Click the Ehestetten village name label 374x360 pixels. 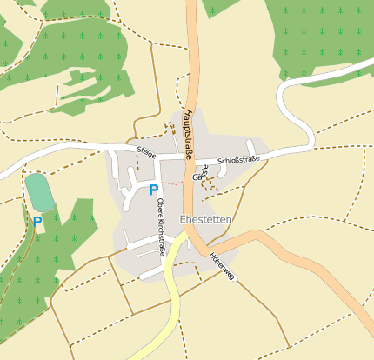click(205, 220)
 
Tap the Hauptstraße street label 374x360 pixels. click(189, 136)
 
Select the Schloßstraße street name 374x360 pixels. click(239, 160)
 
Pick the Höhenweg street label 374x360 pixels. click(222, 266)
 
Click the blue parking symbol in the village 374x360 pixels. click(154, 190)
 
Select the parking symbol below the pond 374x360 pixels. click(37, 223)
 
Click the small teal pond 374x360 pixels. click(38, 192)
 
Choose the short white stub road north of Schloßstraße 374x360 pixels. click(250, 146)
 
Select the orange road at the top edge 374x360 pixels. click(191, 26)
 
